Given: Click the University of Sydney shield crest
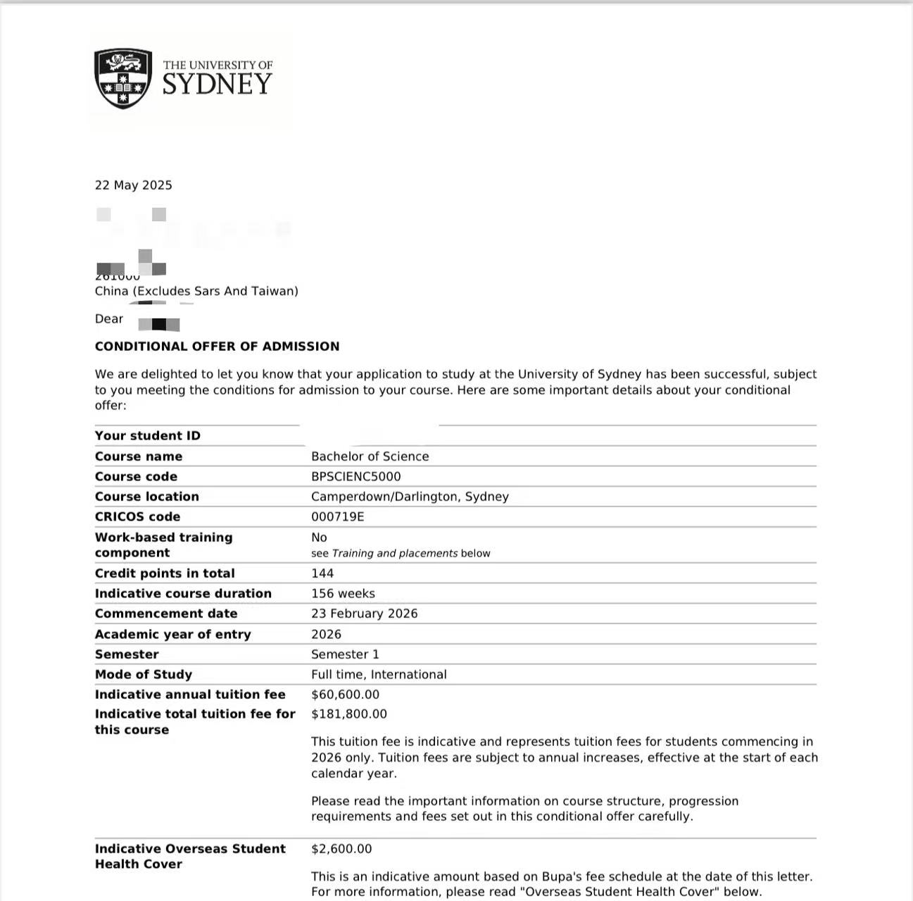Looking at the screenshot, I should click(x=123, y=78).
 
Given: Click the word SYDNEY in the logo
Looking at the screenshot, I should click(x=217, y=85).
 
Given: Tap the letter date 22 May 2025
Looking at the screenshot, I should click(x=134, y=185).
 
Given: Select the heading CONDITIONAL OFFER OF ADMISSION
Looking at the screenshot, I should click(x=217, y=347).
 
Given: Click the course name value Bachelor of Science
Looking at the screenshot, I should click(x=370, y=456).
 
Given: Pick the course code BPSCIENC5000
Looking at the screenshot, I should click(x=355, y=477).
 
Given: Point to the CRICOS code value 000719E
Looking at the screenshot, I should click(x=337, y=517).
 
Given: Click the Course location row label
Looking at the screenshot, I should click(x=146, y=497).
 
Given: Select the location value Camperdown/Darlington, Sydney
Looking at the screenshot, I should click(x=410, y=497).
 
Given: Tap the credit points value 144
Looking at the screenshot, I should click(x=322, y=573).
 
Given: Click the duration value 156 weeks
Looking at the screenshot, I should click(x=343, y=594).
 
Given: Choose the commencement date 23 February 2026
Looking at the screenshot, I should click(x=364, y=614).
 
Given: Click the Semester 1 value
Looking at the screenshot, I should click(x=345, y=654).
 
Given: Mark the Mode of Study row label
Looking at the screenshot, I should click(x=143, y=675).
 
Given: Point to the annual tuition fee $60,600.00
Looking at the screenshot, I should click(x=345, y=695).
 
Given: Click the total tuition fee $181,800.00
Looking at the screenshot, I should click(x=348, y=714).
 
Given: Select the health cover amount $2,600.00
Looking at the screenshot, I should click(x=341, y=849).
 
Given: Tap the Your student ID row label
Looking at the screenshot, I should click(x=147, y=436).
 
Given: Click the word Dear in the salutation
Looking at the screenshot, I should click(x=109, y=319).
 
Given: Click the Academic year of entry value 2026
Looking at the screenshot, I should click(x=326, y=635).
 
